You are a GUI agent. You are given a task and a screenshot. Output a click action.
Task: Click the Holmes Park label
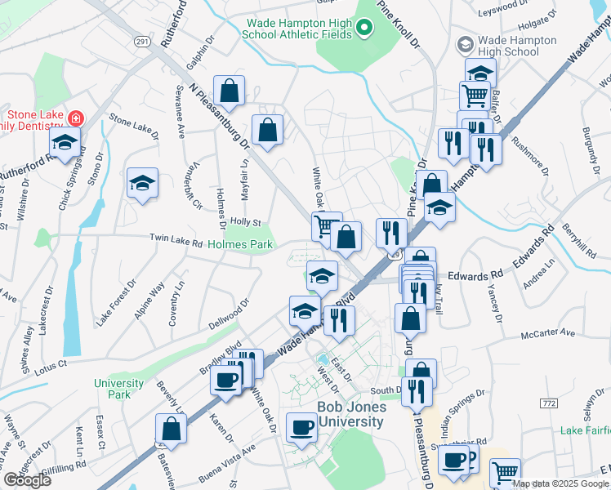[239, 243]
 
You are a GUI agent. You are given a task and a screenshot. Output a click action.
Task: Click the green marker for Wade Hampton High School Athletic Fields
[365, 29]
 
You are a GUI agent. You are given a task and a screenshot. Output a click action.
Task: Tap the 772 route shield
[548, 404]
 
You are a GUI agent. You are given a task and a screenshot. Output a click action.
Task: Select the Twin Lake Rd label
[175, 238]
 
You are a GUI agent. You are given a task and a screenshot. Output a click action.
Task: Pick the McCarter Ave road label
[549, 333]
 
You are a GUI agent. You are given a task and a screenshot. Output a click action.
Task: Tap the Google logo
[27, 480]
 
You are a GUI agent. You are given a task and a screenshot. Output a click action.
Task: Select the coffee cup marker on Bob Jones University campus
[302, 426]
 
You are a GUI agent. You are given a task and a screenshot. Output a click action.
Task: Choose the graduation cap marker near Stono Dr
[142, 183]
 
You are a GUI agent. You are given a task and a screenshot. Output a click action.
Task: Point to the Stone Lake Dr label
[132, 123]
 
